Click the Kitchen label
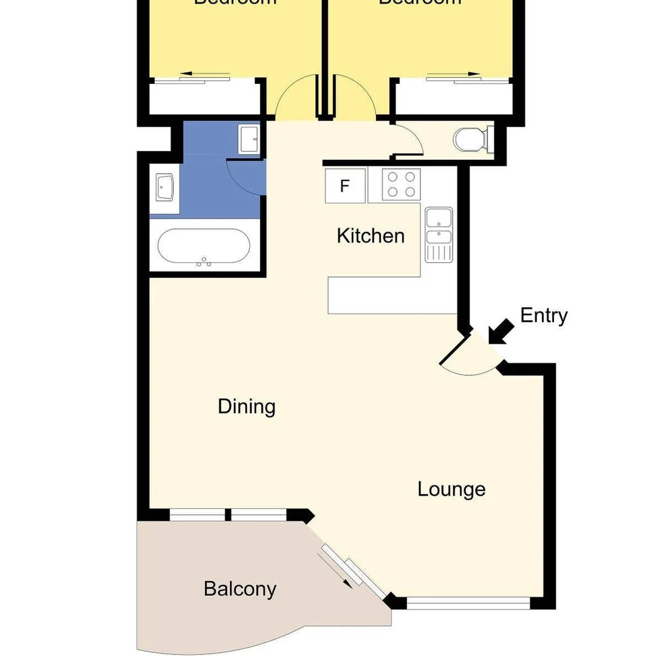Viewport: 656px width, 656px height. click(x=371, y=235)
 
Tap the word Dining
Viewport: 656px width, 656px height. click(x=247, y=406)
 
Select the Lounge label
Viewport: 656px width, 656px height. click(x=451, y=489)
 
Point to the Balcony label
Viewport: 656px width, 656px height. click(x=240, y=589)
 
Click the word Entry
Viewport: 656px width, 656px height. click(x=544, y=316)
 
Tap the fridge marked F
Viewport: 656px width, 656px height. click(x=345, y=186)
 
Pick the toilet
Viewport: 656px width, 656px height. click(x=471, y=140)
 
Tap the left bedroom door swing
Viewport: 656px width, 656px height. click(x=296, y=97)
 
